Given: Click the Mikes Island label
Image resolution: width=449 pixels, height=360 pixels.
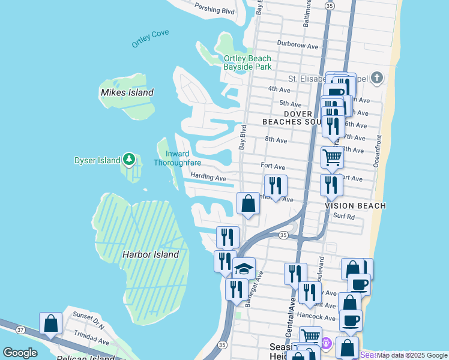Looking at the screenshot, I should [127, 92].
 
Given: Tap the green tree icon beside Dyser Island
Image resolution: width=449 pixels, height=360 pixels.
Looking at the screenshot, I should [128, 160].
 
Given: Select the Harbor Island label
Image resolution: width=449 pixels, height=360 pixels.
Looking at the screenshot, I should [151, 254].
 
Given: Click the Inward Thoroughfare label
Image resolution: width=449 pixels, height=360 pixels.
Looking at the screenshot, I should [176, 158].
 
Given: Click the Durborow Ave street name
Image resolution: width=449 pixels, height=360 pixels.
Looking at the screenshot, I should [297, 44].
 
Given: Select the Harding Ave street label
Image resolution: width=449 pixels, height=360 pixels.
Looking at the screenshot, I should [208, 178].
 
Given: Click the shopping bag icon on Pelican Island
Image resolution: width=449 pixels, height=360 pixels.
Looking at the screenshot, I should [51, 323].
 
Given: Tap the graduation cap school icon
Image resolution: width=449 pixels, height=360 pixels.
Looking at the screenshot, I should [244, 268].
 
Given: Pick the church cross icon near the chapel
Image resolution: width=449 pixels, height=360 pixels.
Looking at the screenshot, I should [376, 77].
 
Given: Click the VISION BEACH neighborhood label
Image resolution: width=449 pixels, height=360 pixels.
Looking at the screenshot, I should [355, 205].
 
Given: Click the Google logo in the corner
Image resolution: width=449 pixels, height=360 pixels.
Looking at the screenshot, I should [20, 353].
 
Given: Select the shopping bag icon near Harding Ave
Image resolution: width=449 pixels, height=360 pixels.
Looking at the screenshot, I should [248, 203].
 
